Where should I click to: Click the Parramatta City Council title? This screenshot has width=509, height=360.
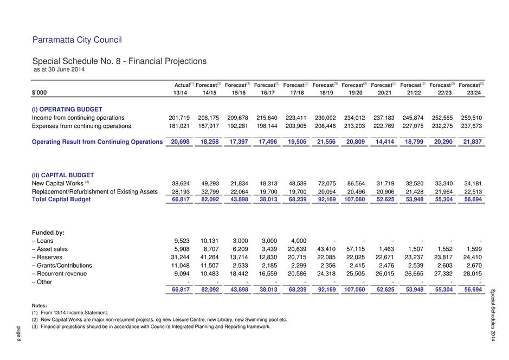[x=77, y=40]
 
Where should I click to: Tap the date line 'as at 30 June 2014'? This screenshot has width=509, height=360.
[x=59, y=69]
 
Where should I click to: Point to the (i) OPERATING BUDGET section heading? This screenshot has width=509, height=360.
[x=67, y=110]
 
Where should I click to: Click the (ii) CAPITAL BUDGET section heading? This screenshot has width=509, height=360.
[x=63, y=175]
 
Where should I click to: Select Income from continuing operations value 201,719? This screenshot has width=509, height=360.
[x=179, y=118]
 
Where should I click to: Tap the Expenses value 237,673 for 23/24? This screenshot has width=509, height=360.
[x=472, y=126]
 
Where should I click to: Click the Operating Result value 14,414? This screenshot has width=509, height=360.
[x=385, y=142]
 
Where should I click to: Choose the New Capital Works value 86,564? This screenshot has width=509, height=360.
[x=356, y=184]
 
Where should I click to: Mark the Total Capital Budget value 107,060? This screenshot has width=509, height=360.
[x=355, y=200]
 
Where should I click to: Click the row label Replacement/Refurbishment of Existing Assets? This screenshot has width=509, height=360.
[x=95, y=192]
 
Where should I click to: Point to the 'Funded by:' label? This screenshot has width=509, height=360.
[x=48, y=233]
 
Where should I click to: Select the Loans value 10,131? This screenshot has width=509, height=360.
[x=209, y=241]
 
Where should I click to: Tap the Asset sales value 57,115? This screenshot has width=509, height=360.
[x=356, y=249]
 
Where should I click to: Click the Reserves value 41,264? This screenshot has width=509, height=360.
[x=209, y=258]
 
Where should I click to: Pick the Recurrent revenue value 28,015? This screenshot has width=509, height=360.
[x=473, y=274]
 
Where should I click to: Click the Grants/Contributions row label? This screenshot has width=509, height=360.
[x=62, y=266]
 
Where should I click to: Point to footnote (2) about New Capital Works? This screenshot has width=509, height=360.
[x=159, y=320]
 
